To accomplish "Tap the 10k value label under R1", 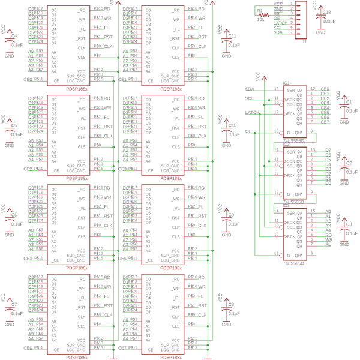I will (x=260, y=19).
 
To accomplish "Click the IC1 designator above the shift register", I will (x=286, y=83).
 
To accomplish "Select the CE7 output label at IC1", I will (x=325, y=122).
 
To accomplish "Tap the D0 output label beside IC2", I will (x=328, y=183).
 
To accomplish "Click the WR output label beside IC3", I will (x=328, y=239).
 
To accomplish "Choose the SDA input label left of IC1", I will (x=250, y=88).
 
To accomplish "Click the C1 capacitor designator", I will (x=349, y=102).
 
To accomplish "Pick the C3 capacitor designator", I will (x=349, y=224).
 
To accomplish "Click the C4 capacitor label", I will (x=14, y=35).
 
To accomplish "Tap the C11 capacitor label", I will (x=232, y=36).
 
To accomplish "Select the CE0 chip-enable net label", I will (x=27, y=79).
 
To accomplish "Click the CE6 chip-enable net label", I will (x=27, y=348).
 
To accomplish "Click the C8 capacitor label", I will (x=231, y=305).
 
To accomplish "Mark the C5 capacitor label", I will (x=14, y=126).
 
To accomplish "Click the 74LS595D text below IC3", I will (x=293, y=263).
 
